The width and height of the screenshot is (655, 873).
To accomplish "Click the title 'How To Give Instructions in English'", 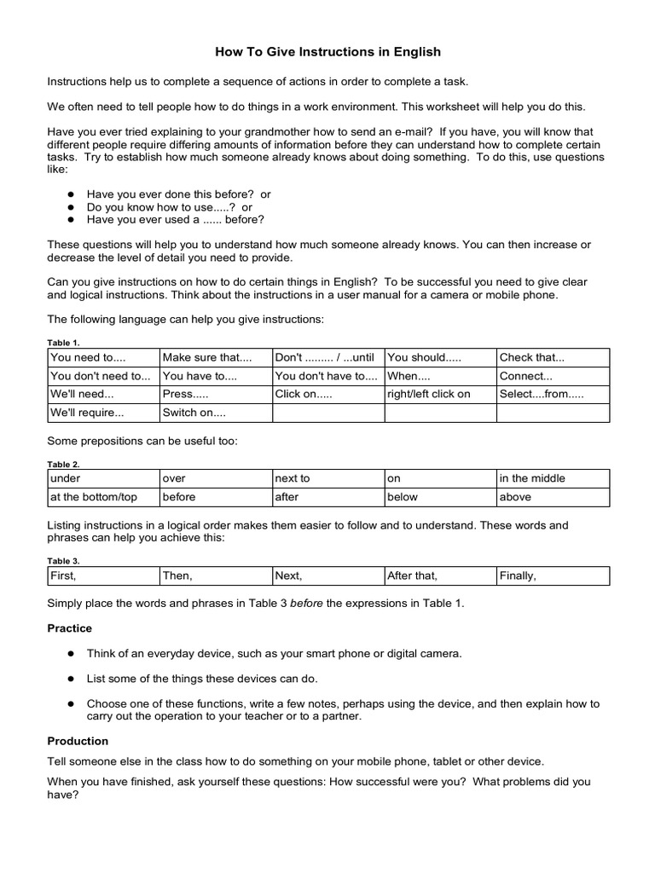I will click(327, 52).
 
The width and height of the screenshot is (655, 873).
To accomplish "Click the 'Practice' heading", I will click(70, 628).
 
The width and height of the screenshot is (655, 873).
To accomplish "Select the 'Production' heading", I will click(78, 741).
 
